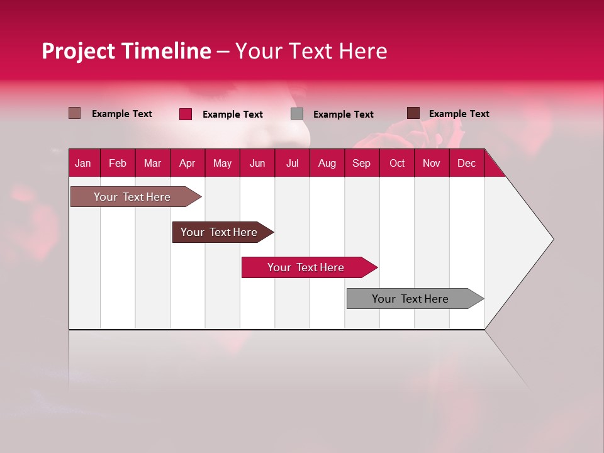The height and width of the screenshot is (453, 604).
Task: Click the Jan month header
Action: coord(84,163)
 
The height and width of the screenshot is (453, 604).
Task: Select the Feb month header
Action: coord(118,163)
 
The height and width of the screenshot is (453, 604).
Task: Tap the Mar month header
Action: coord(152,163)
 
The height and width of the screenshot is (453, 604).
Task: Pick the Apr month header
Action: coord(187,163)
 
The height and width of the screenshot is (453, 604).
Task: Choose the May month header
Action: coord(222,163)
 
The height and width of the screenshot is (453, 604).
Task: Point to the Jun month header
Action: coord(257,163)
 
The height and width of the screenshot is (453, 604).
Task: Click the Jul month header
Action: coord(292,163)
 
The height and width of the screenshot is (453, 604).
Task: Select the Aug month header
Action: coord(327,163)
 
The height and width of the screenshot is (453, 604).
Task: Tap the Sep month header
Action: coord(361,163)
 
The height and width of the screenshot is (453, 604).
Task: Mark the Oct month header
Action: coord(397,163)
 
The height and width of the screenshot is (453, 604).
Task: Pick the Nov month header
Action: coord(432,163)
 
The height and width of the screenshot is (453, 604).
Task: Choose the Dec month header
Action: coord(466,163)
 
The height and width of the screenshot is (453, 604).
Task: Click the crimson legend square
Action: coord(186,114)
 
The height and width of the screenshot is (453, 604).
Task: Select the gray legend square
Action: coord(297,114)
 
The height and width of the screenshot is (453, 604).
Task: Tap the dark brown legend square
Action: coord(413,113)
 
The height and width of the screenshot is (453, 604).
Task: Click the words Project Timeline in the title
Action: coord(126,51)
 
